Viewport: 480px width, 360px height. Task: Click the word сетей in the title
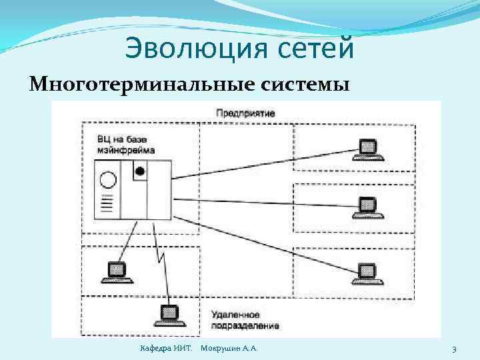313,49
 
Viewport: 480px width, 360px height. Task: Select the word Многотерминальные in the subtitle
125,85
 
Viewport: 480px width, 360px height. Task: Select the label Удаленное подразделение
245,319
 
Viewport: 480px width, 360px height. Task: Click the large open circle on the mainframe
107,179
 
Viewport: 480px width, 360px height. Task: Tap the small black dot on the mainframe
139,171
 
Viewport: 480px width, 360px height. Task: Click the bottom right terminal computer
367,272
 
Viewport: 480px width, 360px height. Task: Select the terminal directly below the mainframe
116,271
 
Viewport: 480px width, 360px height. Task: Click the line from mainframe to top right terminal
267,165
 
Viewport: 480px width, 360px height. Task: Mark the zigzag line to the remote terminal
161,260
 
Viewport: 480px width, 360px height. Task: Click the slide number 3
454,349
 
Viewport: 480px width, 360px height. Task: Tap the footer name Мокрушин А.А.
229,349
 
